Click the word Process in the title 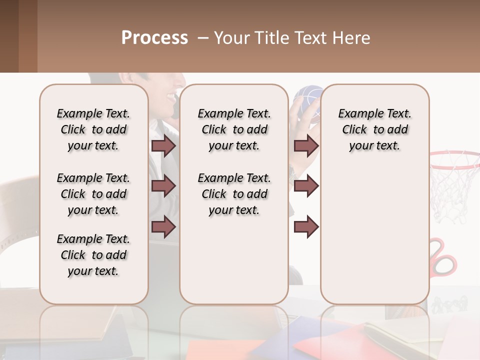[x=154, y=38]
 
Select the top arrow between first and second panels [x=163, y=146]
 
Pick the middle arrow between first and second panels [x=163, y=186]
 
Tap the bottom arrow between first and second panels [x=163, y=227]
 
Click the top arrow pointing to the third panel [x=306, y=146]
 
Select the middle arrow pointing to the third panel [x=306, y=186]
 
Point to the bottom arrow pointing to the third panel [x=306, y=227]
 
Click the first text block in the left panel [x=93, y=129]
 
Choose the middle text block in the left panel [x=93, y=194]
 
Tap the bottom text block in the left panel [x=93, y=255]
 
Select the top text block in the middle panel [x=234, y=129]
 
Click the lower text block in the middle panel [x=234, y=194]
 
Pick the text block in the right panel [x=374, y=129]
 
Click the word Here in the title [x=352, y=38]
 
